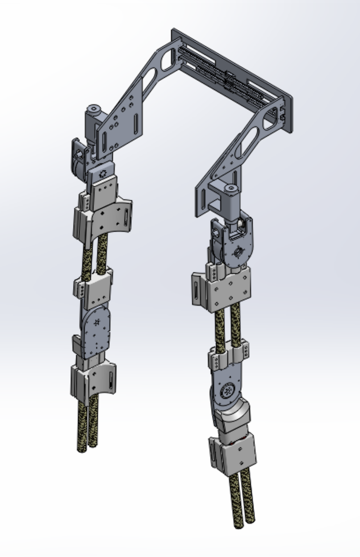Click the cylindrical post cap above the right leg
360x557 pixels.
tap(231, 189)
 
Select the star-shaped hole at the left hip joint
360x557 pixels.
tap(103, 173)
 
